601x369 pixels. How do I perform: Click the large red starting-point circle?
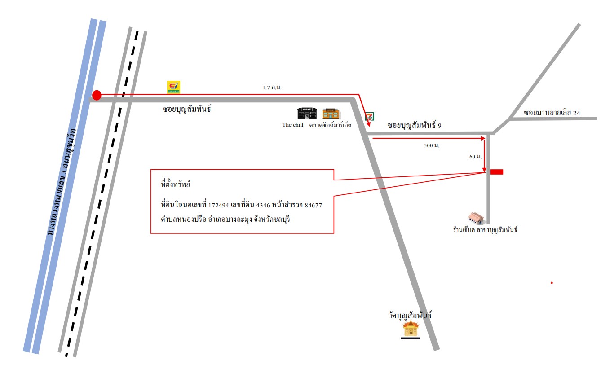(97, 95)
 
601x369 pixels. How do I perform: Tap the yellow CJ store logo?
(173, 87)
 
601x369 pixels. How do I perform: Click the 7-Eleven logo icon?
(370, 116)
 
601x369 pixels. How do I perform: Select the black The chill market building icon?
(307, 114)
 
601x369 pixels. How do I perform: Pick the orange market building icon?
(331, 114)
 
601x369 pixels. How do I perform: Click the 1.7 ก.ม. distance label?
(272, 88)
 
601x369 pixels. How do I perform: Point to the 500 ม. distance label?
(432, 145)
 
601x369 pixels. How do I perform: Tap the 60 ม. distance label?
(476, 157)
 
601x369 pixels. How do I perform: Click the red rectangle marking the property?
(497, 172)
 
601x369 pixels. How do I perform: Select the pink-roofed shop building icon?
(476, 218)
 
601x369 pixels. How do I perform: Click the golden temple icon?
(411, 329)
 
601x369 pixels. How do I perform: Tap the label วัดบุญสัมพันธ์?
(410, 315)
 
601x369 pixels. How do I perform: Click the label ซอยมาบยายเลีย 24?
(552, 113)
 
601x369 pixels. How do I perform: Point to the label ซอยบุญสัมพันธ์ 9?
(415, 125)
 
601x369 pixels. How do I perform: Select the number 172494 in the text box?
(218, 206)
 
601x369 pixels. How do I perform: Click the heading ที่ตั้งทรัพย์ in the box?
(176, 184)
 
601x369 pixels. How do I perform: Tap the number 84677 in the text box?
(314, 206)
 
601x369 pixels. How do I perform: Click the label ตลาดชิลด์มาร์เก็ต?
(330, 125)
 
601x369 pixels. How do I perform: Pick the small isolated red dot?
(552, 283)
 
